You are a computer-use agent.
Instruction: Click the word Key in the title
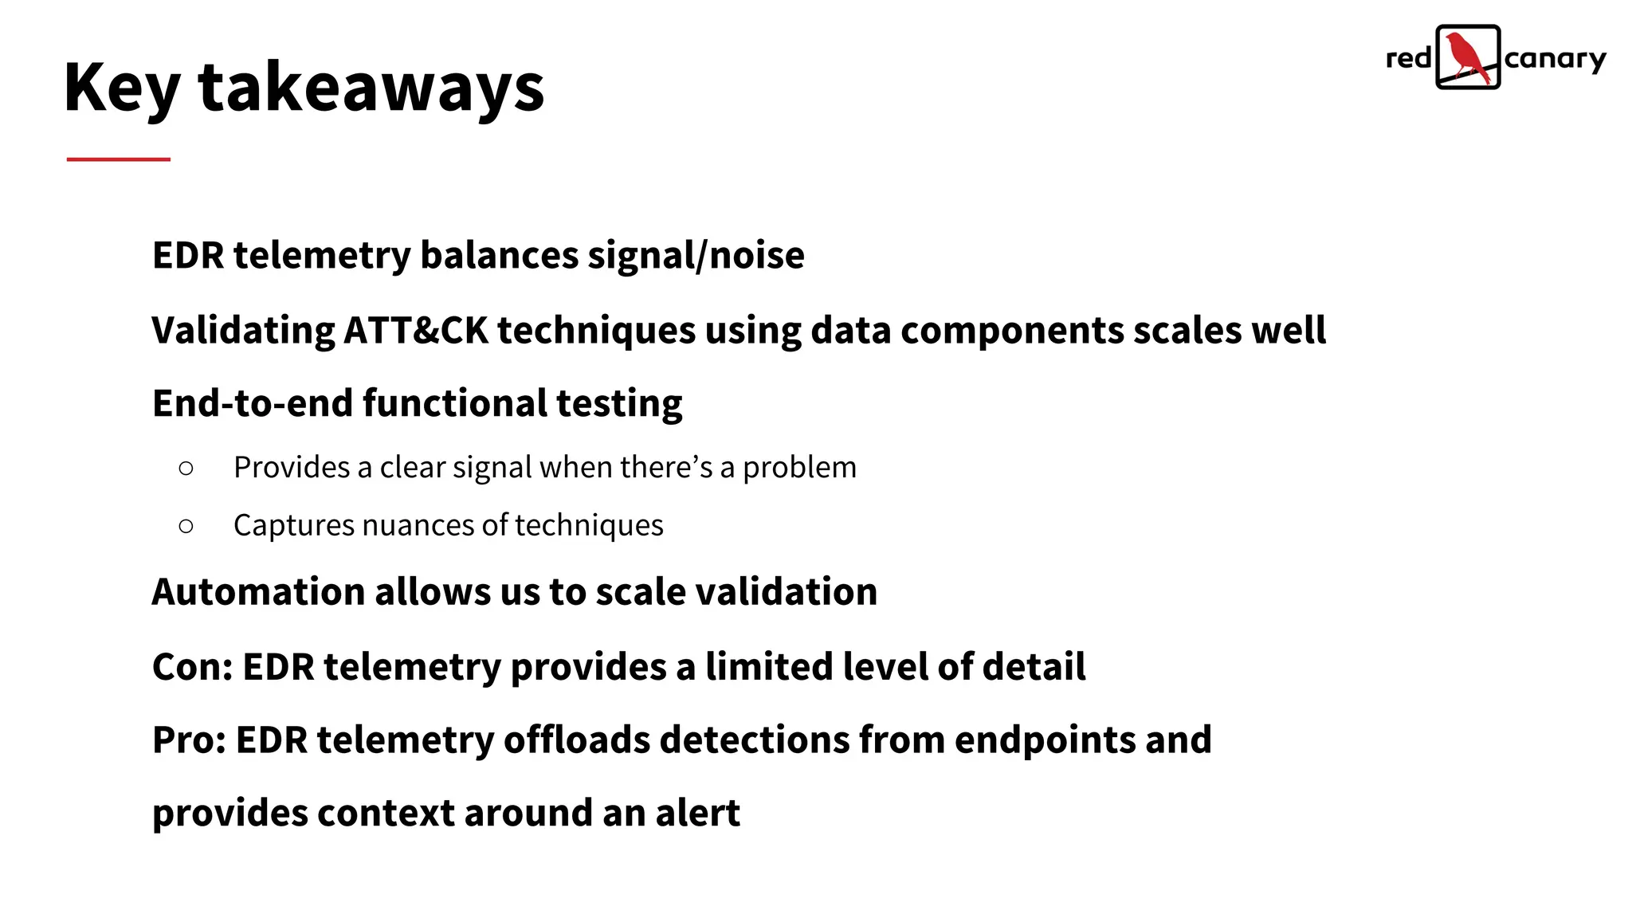pos(122,88)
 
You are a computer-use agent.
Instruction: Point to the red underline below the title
pos(119,159)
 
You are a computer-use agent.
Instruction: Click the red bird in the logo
pos(1466,57)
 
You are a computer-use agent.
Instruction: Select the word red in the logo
pos(1408,59)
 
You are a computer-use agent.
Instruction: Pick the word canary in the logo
pos(1555,60)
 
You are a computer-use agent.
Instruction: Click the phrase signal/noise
pos(696,256)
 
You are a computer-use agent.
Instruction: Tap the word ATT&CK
pos(415,331)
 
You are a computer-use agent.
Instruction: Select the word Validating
pos(244,331)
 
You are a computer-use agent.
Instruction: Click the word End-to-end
pos(253,403)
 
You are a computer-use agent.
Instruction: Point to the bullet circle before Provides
pos(186,469)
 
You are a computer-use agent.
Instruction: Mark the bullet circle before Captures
pos(186,526)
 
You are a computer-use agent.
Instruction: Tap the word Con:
pos(192,667)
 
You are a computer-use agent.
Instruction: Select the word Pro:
pos(189,740)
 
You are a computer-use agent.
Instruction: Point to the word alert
pos(697,814)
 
